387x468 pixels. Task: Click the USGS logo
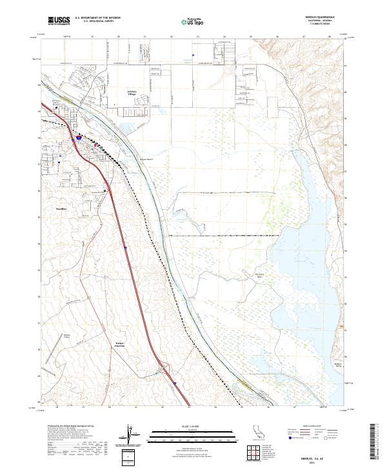(59, 21)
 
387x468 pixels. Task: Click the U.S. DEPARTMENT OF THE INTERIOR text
(97, 18)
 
